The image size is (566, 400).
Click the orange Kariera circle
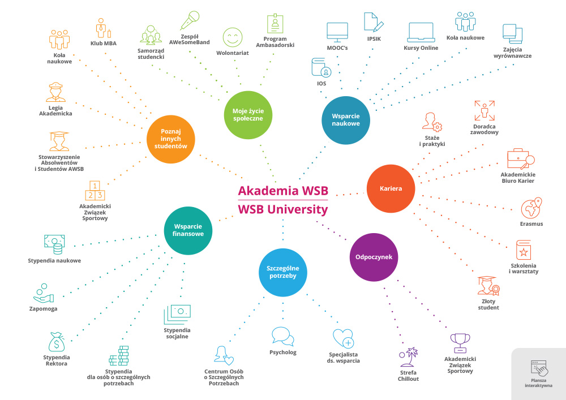coord(391,188)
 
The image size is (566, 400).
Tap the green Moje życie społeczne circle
coord(248,114)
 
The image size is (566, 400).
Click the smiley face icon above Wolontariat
coord(232,38)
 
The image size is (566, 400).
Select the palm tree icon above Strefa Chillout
coord(408,356)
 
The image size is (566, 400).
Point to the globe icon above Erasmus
coord(532,208)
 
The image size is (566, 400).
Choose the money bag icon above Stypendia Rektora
coord(57,341)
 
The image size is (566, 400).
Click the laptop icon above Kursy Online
coord(421,33)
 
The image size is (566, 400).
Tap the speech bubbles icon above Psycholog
coord(282,337)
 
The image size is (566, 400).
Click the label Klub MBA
coord(104,43)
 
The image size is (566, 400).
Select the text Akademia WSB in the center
coord(283,190)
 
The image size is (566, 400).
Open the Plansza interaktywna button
coord(538,374)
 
